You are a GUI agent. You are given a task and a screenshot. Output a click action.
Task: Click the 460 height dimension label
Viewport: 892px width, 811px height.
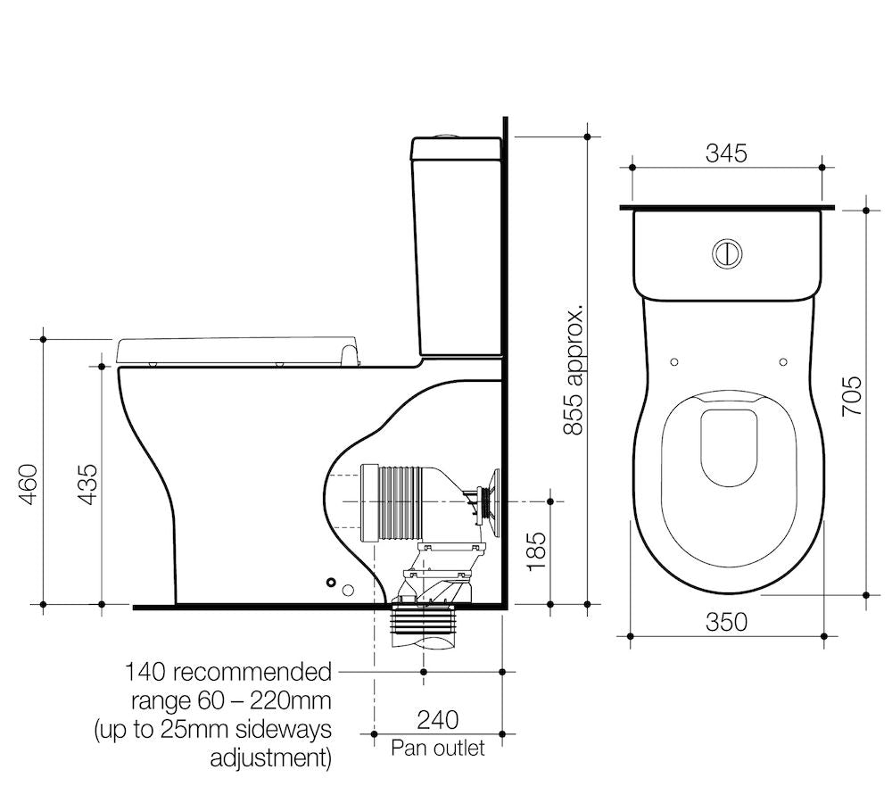click(29, 484)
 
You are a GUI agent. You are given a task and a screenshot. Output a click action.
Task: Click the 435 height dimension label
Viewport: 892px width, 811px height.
click(87, 484)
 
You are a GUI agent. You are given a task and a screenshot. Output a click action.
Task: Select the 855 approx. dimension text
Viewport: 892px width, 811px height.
click(574, 370)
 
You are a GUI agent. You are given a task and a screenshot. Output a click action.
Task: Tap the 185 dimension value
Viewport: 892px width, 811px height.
click(536, 550)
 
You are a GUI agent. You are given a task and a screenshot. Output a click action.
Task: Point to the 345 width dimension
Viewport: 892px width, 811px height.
click(726, 153)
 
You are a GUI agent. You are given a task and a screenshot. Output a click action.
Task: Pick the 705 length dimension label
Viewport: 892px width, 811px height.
click(852, 396)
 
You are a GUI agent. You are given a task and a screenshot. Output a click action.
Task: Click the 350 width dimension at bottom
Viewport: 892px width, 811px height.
click(726, 622)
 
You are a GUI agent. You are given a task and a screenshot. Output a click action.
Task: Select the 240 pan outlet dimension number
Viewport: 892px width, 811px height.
click(438, 720)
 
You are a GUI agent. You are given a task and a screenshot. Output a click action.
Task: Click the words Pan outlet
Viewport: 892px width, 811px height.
click(438, 748)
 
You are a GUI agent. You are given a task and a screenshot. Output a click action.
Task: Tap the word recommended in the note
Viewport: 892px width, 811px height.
click(252, 672)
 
